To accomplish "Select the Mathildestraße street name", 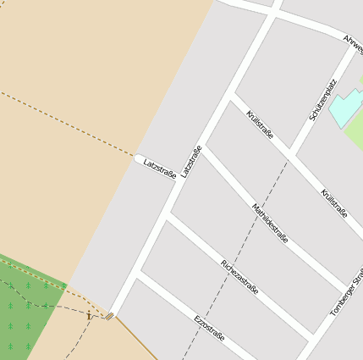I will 270,224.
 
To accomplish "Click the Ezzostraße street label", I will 209,327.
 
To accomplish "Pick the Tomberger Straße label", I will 346,294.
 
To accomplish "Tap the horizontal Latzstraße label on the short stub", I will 159,168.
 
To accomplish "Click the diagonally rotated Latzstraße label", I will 191,162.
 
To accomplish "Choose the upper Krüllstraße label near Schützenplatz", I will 259,124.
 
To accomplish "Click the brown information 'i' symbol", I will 88,315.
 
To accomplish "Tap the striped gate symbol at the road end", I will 109,317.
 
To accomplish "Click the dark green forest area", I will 25,309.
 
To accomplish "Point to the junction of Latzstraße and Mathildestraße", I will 201,147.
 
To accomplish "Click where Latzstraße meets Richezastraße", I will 168,216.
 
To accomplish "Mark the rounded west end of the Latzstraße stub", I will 136,158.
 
